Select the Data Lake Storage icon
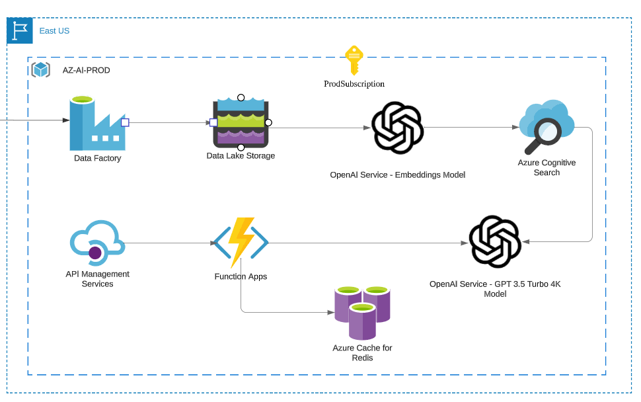click(x=241, y=123)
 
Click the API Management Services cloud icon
click(x=97, y=243)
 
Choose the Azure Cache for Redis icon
click(x=362, y=312)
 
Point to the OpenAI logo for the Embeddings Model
click(x=397, y=128)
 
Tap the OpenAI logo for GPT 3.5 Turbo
click(x=495, y=242)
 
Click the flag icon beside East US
click(x=20, y=31)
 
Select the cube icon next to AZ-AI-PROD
click(x=41, y=69)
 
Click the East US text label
click(x=54, y=31)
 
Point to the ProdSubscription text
click(x=354, y=84)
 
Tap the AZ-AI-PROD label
click(x=87, y=70)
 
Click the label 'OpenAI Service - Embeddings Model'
click(x=397, y=175)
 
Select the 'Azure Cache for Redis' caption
click(x=362, y=353)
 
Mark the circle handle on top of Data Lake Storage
click(x=241, y=98)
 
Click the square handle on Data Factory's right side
click(x=125, y=122)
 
